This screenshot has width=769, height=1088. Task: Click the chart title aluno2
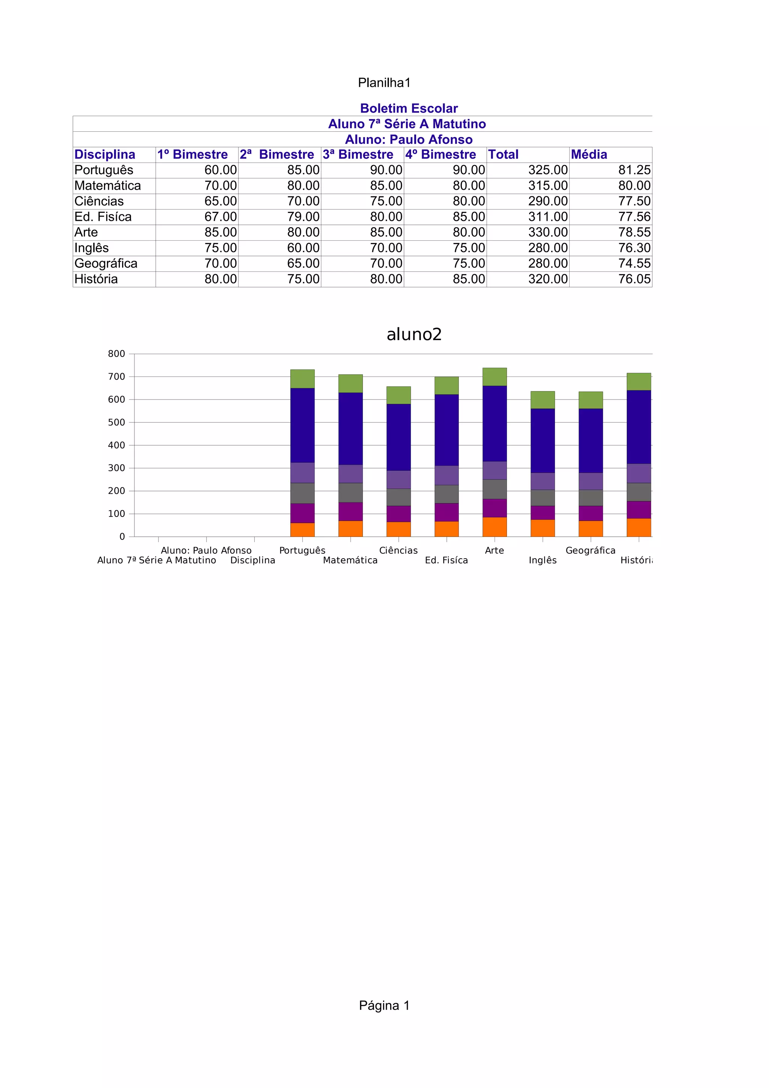414,335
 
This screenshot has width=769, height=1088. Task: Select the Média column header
588,154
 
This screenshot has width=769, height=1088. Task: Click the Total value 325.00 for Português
548,170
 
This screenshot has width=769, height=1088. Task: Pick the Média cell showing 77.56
634,217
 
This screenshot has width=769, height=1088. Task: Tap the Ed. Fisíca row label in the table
103,217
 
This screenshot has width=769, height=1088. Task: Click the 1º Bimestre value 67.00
220,217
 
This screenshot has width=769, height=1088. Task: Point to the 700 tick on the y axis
116,377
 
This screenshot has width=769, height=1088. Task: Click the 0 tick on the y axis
122,537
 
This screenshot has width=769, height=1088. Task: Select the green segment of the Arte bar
494,377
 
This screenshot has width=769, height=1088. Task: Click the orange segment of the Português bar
302,530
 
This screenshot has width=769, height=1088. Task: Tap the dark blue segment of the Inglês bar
543,440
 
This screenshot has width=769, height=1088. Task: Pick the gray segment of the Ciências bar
398,497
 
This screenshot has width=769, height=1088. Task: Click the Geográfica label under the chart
590,550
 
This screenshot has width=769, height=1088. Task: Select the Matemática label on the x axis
350,560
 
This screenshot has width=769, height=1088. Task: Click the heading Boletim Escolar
409,108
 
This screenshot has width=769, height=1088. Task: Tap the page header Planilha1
384,83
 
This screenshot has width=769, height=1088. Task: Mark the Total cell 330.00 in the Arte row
548,232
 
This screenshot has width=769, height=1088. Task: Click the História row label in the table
96,279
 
